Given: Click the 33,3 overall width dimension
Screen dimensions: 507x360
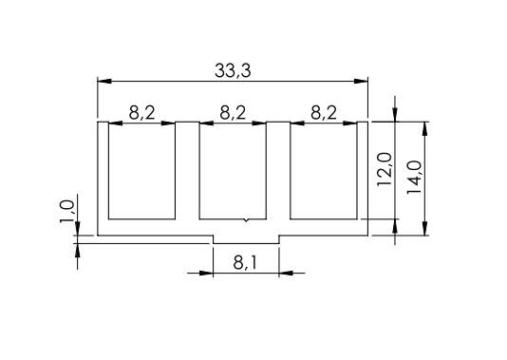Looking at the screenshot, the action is click(x=233, y=70).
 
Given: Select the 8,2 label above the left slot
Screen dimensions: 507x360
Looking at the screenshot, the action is click(x=142, y=113).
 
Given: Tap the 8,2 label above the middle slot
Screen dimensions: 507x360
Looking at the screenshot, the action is click(x=233, y=113).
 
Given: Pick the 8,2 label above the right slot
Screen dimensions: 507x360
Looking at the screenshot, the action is click(x=324, y=113).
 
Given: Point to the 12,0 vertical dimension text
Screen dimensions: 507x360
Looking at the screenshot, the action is click(x=385, y=169).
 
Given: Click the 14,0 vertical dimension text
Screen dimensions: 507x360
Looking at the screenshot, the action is click(x=414, y=178).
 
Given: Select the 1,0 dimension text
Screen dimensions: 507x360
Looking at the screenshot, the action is click(x=66, y=212).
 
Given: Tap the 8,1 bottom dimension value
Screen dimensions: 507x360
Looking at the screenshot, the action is click(x=245, y=263).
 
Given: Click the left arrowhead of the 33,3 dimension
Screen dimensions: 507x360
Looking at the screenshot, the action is click(x=104, y=81).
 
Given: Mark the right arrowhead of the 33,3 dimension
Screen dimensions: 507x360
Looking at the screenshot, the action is click(x=361, y=81).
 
